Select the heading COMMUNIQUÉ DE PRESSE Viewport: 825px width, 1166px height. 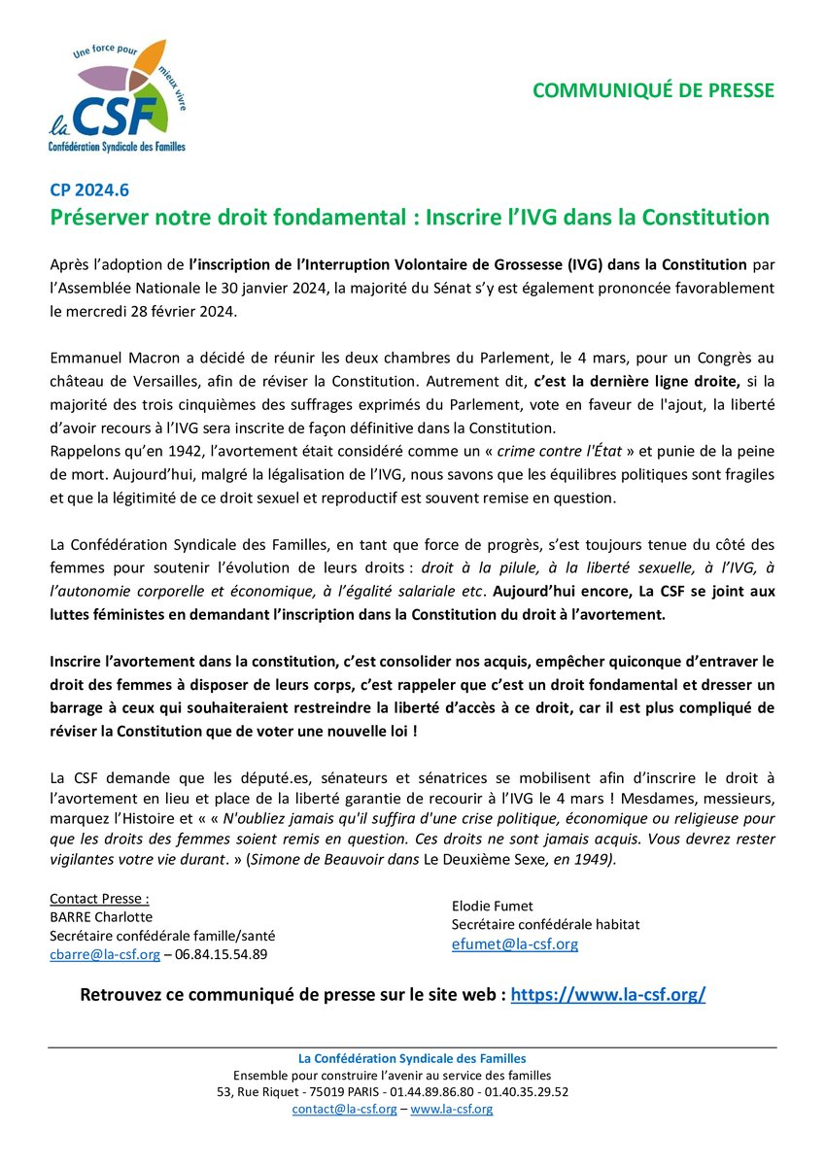(653, 90)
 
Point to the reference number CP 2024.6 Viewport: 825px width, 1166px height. (86, 190)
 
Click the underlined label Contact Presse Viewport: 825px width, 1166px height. (99, 898)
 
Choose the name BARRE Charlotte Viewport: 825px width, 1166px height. (100, 916)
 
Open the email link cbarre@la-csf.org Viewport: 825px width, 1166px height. (105, 955)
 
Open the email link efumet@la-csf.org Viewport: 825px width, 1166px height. (514, 943)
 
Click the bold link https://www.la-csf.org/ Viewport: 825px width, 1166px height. (607, 995)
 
